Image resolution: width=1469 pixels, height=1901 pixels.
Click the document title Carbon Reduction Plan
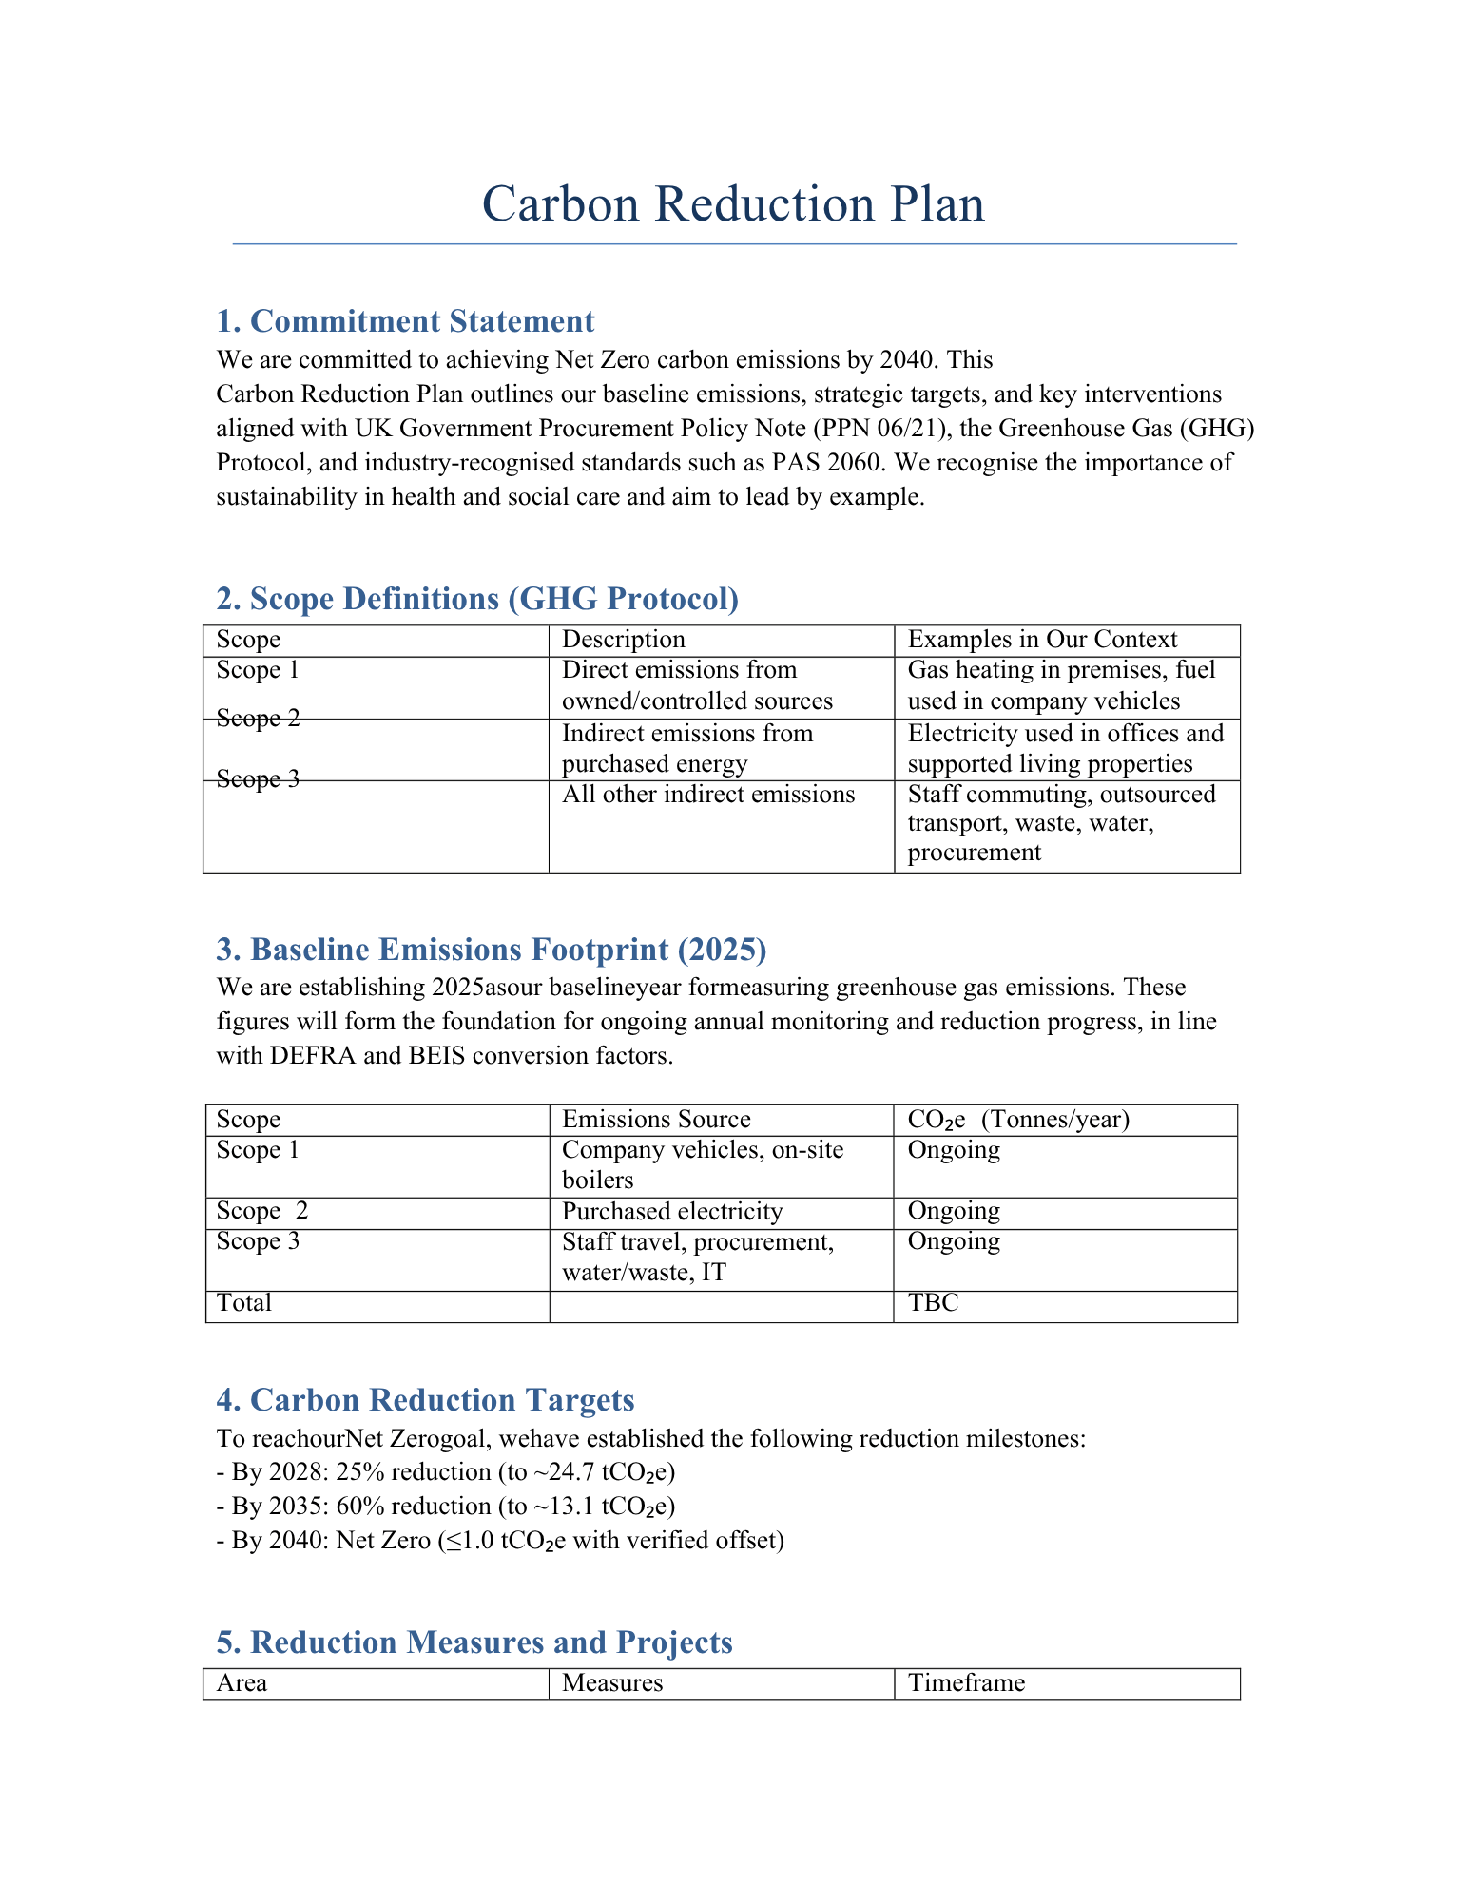click(733, 204)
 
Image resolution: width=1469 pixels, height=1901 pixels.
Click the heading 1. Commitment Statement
click(405, 321)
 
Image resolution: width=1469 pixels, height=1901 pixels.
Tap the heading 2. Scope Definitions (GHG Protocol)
click(477, 599)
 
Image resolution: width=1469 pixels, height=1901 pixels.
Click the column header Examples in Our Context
click(1042, 640)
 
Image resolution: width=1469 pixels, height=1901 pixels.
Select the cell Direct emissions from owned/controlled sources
click(697, 685)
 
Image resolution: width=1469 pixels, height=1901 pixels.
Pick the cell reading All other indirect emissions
click(708, 795)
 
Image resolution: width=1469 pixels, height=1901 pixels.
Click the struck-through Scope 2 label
click(258, 719)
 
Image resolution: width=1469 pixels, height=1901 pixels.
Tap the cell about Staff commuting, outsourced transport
click(1061, 823)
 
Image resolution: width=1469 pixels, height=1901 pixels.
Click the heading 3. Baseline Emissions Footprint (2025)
click(491, 950)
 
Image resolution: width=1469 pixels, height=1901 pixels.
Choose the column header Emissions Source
click(656, 1120)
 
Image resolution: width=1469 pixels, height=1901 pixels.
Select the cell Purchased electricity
click(672, 1212)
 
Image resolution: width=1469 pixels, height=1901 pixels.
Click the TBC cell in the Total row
click(934, 1303)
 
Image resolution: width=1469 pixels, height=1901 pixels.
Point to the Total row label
click(244, 1303)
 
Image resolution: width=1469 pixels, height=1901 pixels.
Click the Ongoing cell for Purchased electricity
click(954, 1212)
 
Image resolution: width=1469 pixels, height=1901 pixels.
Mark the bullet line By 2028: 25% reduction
click(445, 1472)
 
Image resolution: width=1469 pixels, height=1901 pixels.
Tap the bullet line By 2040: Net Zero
click(500, 1541)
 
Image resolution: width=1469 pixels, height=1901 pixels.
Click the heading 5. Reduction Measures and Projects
click(474, 1642)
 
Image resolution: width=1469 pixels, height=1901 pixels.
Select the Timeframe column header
click(966, 1683)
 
